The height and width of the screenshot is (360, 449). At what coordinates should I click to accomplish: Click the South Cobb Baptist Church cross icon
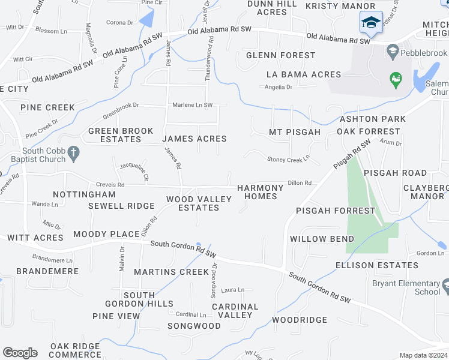(x=73, y=154)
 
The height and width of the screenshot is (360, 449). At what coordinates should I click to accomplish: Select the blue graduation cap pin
(x=370, y=23)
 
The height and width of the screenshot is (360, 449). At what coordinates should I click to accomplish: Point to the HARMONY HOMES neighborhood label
(x=261, y=192)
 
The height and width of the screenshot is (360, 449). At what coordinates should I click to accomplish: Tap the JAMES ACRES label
(x=194, y=139)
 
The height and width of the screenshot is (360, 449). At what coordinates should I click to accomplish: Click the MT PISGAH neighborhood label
(x=295, y=132)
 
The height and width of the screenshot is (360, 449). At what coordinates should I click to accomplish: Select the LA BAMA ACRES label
(x=304, y=74)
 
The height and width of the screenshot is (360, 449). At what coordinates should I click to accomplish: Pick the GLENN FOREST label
(x=280, y=55)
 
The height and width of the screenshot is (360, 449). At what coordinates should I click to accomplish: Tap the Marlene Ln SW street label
(x=193, y=105)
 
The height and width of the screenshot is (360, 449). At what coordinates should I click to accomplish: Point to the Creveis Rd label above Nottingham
(x=109, y=185)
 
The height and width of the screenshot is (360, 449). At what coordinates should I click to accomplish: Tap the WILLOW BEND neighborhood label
(x=322, y=239)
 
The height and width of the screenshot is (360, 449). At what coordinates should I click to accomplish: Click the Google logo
(x=20, y=353)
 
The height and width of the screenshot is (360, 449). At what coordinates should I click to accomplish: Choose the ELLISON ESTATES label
(x=377, y=265)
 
